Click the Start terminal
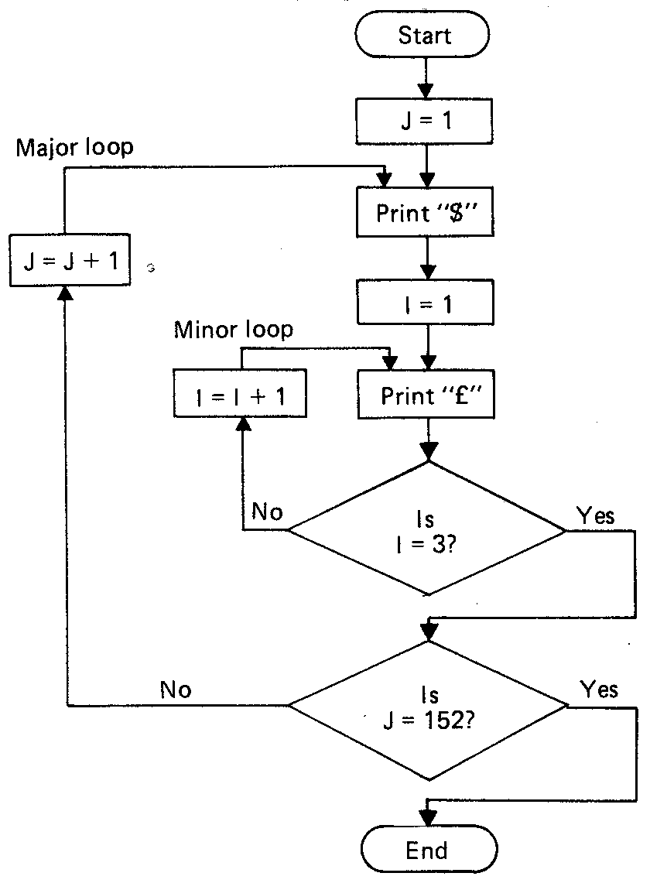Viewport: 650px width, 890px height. click(x=424, y=36)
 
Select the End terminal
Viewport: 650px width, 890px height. click(x=427, y=852)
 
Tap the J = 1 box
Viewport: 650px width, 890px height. click(x=424, y=122)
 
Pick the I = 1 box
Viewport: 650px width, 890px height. click(x=424, y=303)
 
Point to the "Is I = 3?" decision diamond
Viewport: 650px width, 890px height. click(x=427, y=529)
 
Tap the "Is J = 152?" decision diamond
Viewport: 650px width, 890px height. click(x=427, y=705)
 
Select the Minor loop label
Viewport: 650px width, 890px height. click(x=233, y=330)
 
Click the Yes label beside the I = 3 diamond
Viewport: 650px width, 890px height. click(x=595, y=515)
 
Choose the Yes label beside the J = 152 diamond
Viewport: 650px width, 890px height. click(x=598, y=690)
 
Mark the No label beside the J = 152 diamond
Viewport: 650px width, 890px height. click(x=176, y=690)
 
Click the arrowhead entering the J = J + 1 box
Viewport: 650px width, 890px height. click(x=67, y=292)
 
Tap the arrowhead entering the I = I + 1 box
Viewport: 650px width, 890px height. click(x=244, y=424)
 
